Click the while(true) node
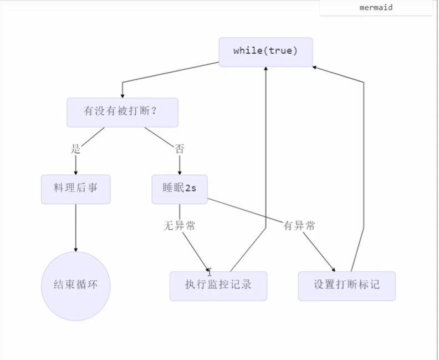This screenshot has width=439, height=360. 266,52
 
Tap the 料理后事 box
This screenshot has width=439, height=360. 76,189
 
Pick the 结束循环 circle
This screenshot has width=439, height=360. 76,286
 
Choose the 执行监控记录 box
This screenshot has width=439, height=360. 218,286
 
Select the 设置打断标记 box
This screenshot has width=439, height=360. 346,286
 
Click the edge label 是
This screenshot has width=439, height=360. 76,149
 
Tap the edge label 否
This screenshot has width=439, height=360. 179,149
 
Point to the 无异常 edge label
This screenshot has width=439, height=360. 179,226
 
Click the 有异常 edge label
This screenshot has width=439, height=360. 299,226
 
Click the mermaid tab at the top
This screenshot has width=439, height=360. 376,8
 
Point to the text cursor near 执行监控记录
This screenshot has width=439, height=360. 210,271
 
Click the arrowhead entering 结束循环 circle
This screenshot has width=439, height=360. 76,249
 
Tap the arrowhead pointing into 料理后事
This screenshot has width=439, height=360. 76,172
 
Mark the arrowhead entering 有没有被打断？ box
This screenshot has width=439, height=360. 122,95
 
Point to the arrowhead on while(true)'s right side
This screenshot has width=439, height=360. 315,67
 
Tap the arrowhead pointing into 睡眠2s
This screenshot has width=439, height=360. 179,172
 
